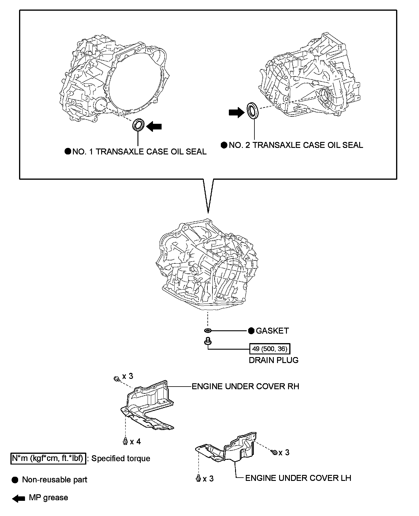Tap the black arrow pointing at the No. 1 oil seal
pyautogui.click(x=154, y=126)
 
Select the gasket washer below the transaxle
pyautogui.click(x=208, y=331)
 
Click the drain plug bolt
pyautogui.click(x=207, y=341)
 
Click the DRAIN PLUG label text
pyautogui.click(x=273, y=360)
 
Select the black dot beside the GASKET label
pyautogui.click(x=251, y=331)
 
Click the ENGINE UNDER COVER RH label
pyautogui.click(x=245, y=386)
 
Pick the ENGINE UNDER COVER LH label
pyautogui.click(x=298, y=478)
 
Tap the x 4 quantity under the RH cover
pyautogui.click(x=135, y=441)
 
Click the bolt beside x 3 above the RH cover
pyautogui.click(x=117, y=379)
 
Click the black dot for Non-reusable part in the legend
pyautogui.click(x=15, y=480)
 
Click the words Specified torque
pyautogui.click(x=121, y=458)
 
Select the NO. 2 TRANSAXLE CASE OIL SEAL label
pyautogui.click(x=296, y=145)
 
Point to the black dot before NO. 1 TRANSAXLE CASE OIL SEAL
pyautogui.click(x=68, y=151)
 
